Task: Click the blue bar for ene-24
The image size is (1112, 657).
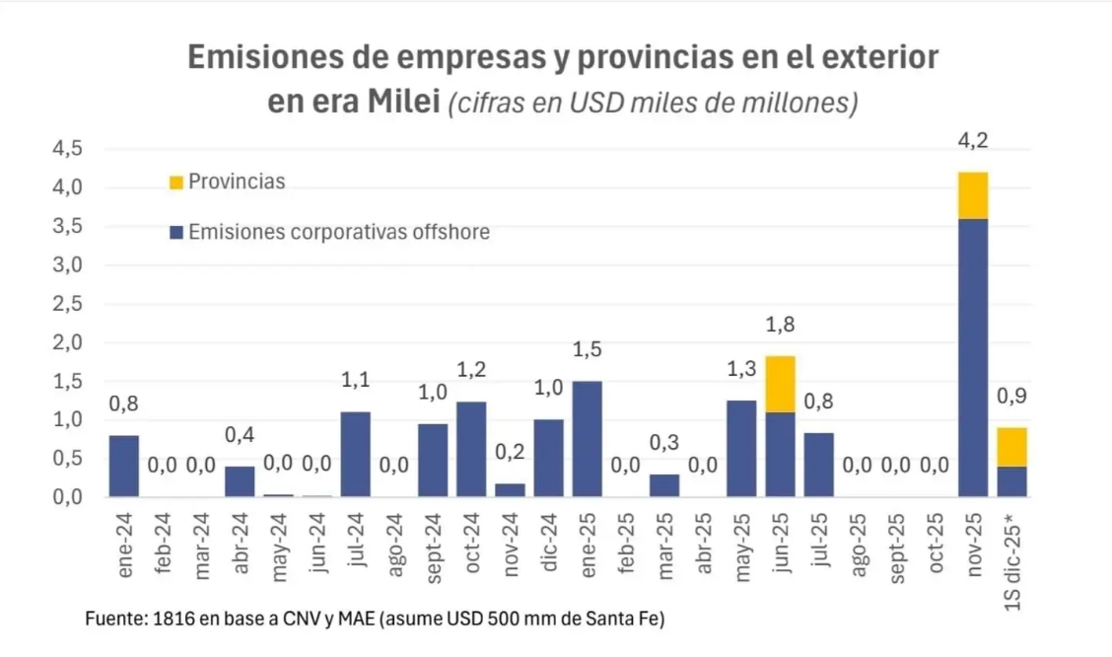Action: tap(123, 466)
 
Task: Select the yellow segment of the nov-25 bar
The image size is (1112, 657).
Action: tap(972, 195)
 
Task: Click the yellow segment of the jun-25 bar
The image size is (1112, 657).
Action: tap(780, 384)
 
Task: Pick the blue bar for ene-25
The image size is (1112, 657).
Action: tap(587, 438)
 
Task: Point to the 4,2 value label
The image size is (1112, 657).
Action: tap(972, 141)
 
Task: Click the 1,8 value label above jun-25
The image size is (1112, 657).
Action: tap(780, 325)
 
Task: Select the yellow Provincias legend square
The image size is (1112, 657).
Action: tap(176, 182)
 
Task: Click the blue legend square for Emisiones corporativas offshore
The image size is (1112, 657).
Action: tap(176, 233)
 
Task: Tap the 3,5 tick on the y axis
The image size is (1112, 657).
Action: tap(68, 227)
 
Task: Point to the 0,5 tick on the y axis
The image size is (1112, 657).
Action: tap(68, 459)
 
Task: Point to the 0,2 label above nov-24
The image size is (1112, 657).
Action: tap(510, 453)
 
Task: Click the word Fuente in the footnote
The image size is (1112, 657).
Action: tap(114, 620)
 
